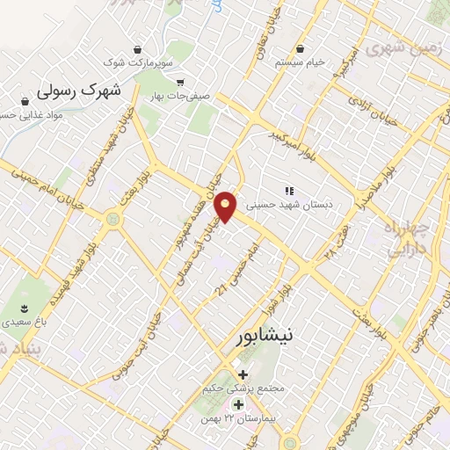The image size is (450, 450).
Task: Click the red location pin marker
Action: [x=227, y=206]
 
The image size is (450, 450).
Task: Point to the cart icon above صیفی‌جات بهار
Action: [x=180, y=82]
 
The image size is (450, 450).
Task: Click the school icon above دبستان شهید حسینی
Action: [x=287, y=191]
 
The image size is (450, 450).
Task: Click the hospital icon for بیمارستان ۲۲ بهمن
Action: [x=237, y=405]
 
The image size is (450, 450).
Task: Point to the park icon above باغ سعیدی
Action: [x=24, y=308]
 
